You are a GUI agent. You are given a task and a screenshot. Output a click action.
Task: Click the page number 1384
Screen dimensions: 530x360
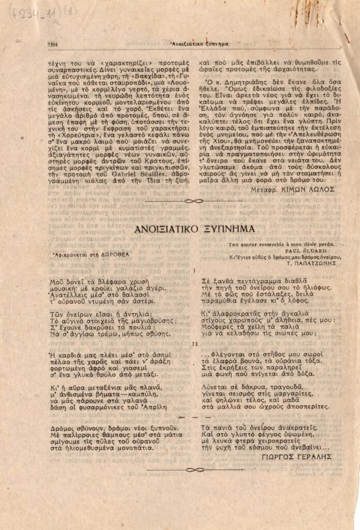coord(53,45)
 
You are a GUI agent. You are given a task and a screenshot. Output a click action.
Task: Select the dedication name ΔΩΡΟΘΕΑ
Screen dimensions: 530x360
coord(115,254)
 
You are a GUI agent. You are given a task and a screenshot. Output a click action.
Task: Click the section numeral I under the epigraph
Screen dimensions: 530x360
coord(194,271)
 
